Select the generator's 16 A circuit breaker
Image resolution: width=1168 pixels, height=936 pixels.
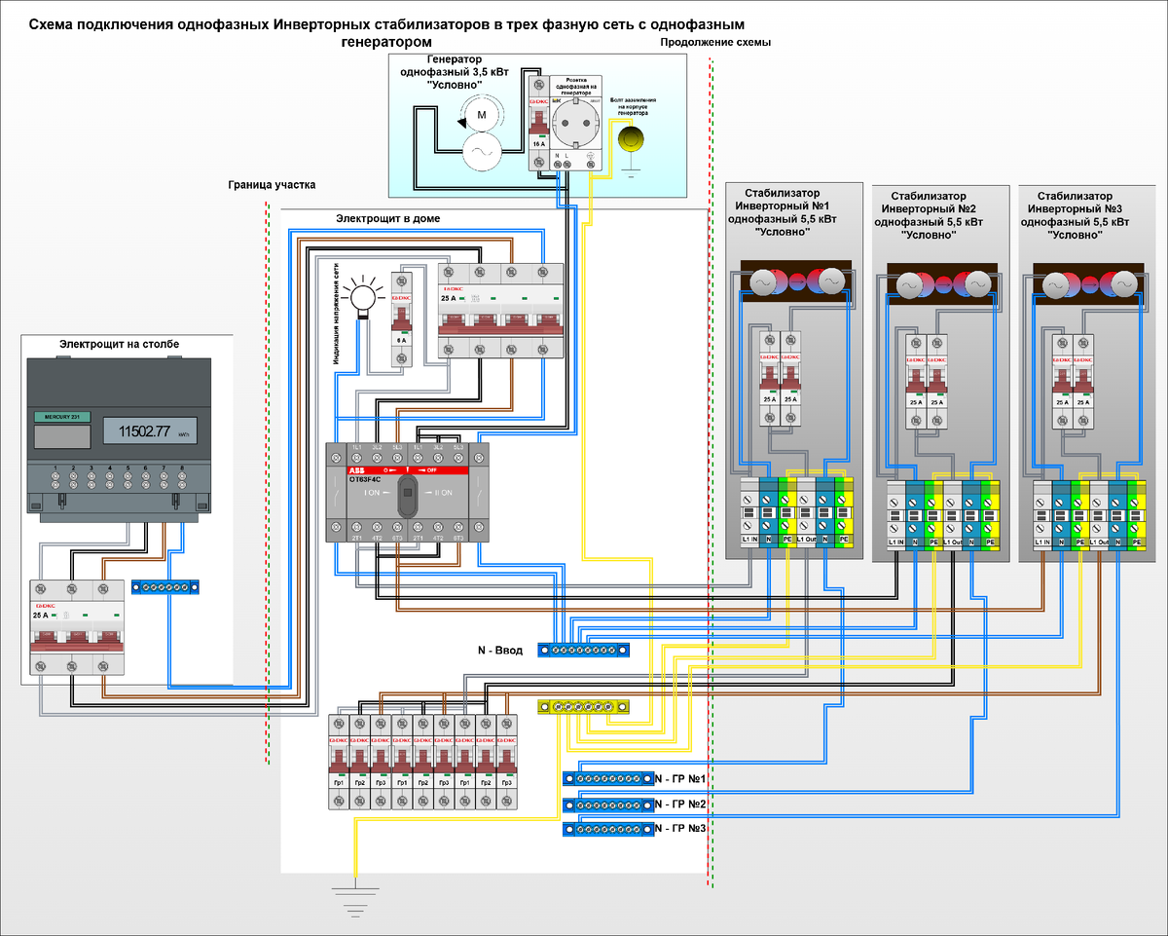tap(537, 122)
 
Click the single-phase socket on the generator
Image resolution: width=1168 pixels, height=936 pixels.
tap(575, 125)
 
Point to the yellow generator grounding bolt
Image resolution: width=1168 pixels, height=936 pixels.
tap(632, 139)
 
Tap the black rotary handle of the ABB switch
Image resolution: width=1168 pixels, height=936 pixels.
tap(408, 493)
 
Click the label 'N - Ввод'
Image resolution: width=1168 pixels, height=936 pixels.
tap(498, 650)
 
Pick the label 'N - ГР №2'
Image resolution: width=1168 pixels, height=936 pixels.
tap(680, 805)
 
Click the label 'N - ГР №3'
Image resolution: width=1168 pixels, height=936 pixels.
tap(680, 828)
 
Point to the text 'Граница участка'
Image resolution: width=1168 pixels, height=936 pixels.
tap(273, 184)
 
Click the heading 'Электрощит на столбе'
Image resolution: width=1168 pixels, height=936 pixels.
tap(119, 344)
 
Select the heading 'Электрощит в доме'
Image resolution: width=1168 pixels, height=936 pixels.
tap(387, 219)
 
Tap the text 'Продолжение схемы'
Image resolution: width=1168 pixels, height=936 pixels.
tap(715, 44)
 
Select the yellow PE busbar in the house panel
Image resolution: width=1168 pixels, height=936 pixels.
tap(583, 706)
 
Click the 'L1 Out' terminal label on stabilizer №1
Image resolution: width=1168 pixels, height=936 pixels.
tap(807, 539)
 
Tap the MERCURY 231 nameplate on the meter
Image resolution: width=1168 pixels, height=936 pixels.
tap(62, 417)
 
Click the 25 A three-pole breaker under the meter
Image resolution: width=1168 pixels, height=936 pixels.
tap(77, 625)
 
